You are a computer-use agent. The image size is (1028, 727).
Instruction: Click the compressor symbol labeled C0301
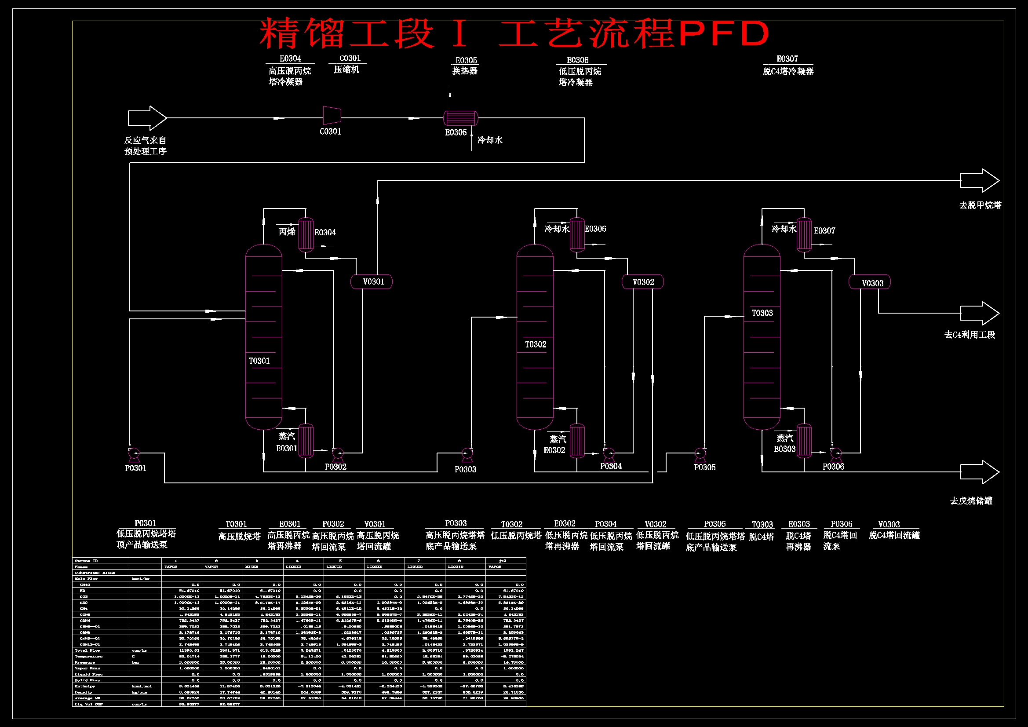tap(332, 116)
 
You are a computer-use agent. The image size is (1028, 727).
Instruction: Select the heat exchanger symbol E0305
tap(460, 118)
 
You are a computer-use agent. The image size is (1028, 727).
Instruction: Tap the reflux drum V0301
tap(371, 282)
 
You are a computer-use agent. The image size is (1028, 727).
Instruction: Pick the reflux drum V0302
tap(642, 282)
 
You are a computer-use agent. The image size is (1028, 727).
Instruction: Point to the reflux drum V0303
tap(870, 283)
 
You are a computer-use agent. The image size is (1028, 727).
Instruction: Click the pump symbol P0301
tap(134, 454)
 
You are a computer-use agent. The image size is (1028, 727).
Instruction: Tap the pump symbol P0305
tap(700, 454)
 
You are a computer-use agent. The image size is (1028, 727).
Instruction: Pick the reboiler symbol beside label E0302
tap(577, 441)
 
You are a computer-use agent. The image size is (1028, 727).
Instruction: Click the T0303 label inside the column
tap(762, 313)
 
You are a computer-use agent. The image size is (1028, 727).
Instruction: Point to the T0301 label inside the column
tap(259, 361)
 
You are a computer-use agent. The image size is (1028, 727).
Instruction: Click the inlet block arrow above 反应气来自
tap(147, 118)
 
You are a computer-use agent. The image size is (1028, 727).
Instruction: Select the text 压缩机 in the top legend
tap(346, 69)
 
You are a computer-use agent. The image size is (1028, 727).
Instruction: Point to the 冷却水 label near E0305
tap(490, 140)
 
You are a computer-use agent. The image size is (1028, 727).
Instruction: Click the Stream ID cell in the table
tap(87, 561)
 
